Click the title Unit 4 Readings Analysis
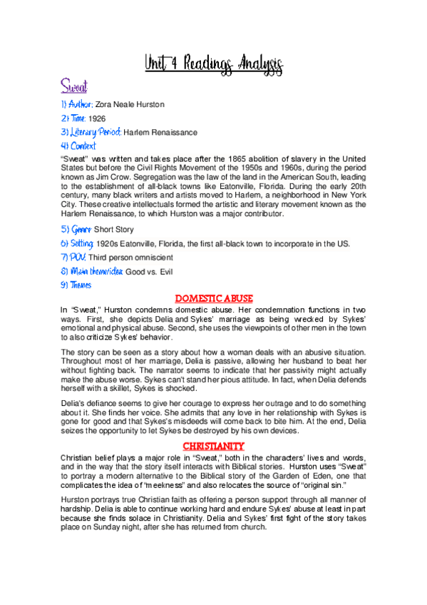[213, 63]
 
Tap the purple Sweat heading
[73, 88]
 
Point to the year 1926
[97, 118]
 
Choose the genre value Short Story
[114, 230]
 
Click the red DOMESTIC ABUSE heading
[214, 298]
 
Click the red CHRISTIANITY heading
[214, 447]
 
